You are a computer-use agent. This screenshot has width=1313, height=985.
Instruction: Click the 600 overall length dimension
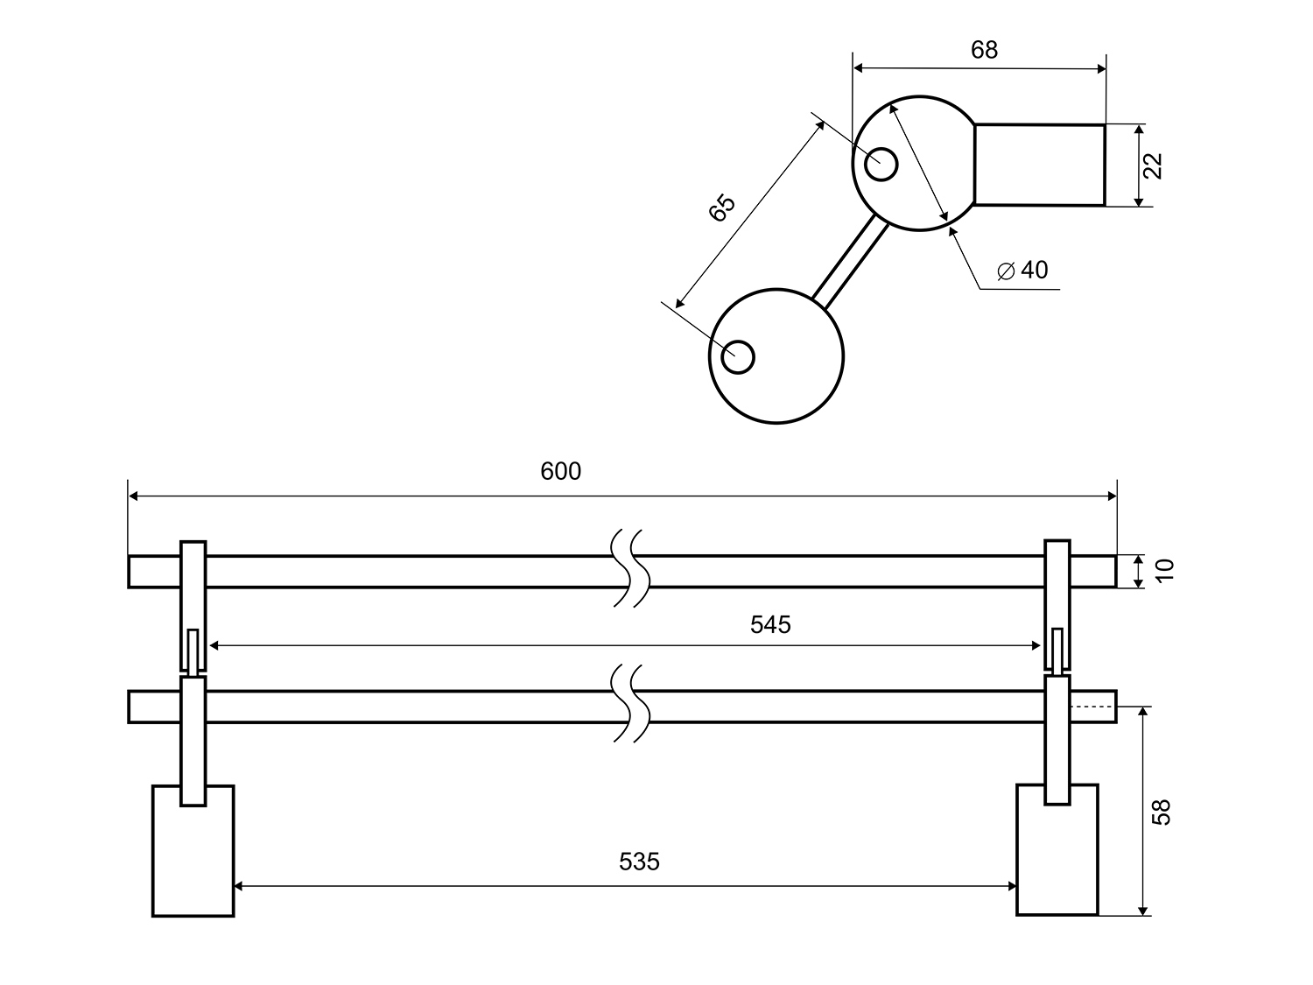560,472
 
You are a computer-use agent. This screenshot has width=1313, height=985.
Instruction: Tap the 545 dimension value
770,624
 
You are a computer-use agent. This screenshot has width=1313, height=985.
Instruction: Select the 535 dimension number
639,862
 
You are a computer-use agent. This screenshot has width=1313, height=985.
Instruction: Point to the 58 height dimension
1162,811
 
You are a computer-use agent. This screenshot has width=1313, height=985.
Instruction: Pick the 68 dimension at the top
984,50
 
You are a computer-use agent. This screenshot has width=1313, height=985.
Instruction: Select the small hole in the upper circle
881,164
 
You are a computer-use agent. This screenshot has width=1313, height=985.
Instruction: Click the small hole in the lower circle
738,357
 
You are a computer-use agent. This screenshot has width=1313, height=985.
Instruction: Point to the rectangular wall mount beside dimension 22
1039,165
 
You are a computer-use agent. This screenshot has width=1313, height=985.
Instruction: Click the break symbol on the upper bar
630,569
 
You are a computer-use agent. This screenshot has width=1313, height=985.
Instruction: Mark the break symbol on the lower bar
630,705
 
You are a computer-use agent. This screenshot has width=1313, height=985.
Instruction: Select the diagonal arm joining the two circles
850,260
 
